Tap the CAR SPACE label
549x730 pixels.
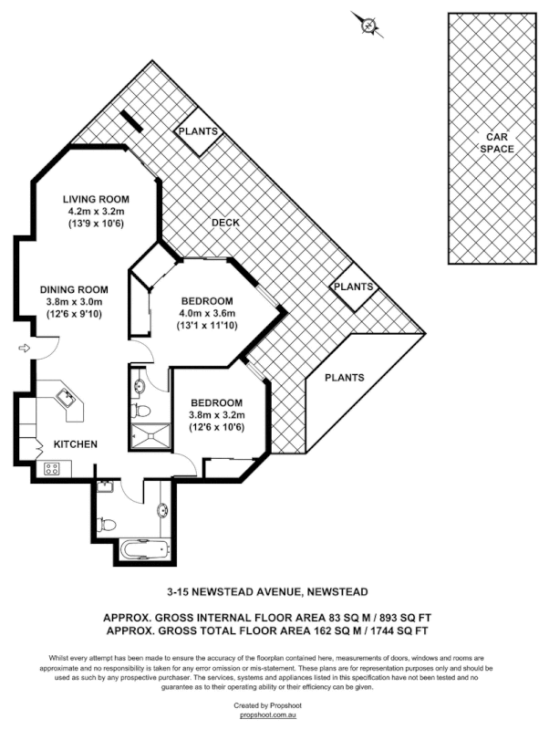(x=499, y=142)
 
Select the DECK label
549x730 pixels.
(x=225, y=223)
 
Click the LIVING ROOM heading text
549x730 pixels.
(x=96, y=199)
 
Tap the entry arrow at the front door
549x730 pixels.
(x=23, y=347)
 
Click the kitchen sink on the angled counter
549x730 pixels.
(x=65, y=397)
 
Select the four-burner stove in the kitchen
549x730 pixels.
(x=52, y=469)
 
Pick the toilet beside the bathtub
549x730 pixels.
(x=108, y=524)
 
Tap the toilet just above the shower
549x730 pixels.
(x=140, y=410)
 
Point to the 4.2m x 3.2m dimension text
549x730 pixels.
(x=96, y=212)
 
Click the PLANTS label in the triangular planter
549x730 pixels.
(x=345, y=378)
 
